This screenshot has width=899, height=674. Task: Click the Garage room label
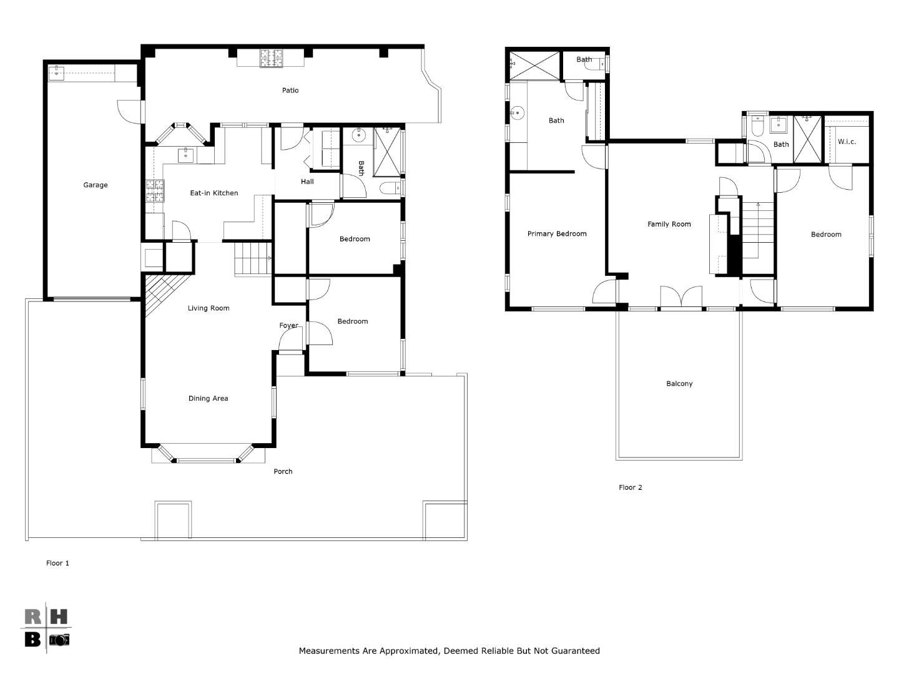pos(96,185)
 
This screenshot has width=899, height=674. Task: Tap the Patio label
pos(290,90)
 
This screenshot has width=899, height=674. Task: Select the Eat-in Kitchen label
pos(214,193)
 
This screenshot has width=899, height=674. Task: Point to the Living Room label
pos(209,308)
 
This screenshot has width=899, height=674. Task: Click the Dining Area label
pos(208,398)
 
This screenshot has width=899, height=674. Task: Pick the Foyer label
pos(288,325)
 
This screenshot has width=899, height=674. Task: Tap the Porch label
pos(283,471)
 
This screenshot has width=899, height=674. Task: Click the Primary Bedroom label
pos(557,234)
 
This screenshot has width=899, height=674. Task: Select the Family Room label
pos(669,224)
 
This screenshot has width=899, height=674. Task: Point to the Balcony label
pos(679,384)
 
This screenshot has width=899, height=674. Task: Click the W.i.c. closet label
pos(847,142)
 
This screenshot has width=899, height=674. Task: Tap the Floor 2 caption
pos(630,487)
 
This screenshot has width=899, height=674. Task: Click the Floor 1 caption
pos(57,563)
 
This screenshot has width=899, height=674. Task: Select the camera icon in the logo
pos(59,640)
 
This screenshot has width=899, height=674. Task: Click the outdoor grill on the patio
pos(272,58)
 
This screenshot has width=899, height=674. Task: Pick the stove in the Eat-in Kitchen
pos(155,190)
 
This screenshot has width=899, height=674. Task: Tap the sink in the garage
pos(57,72)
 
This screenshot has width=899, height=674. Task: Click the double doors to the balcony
pos(681,298)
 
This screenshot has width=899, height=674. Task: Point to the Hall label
pos(307,182)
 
